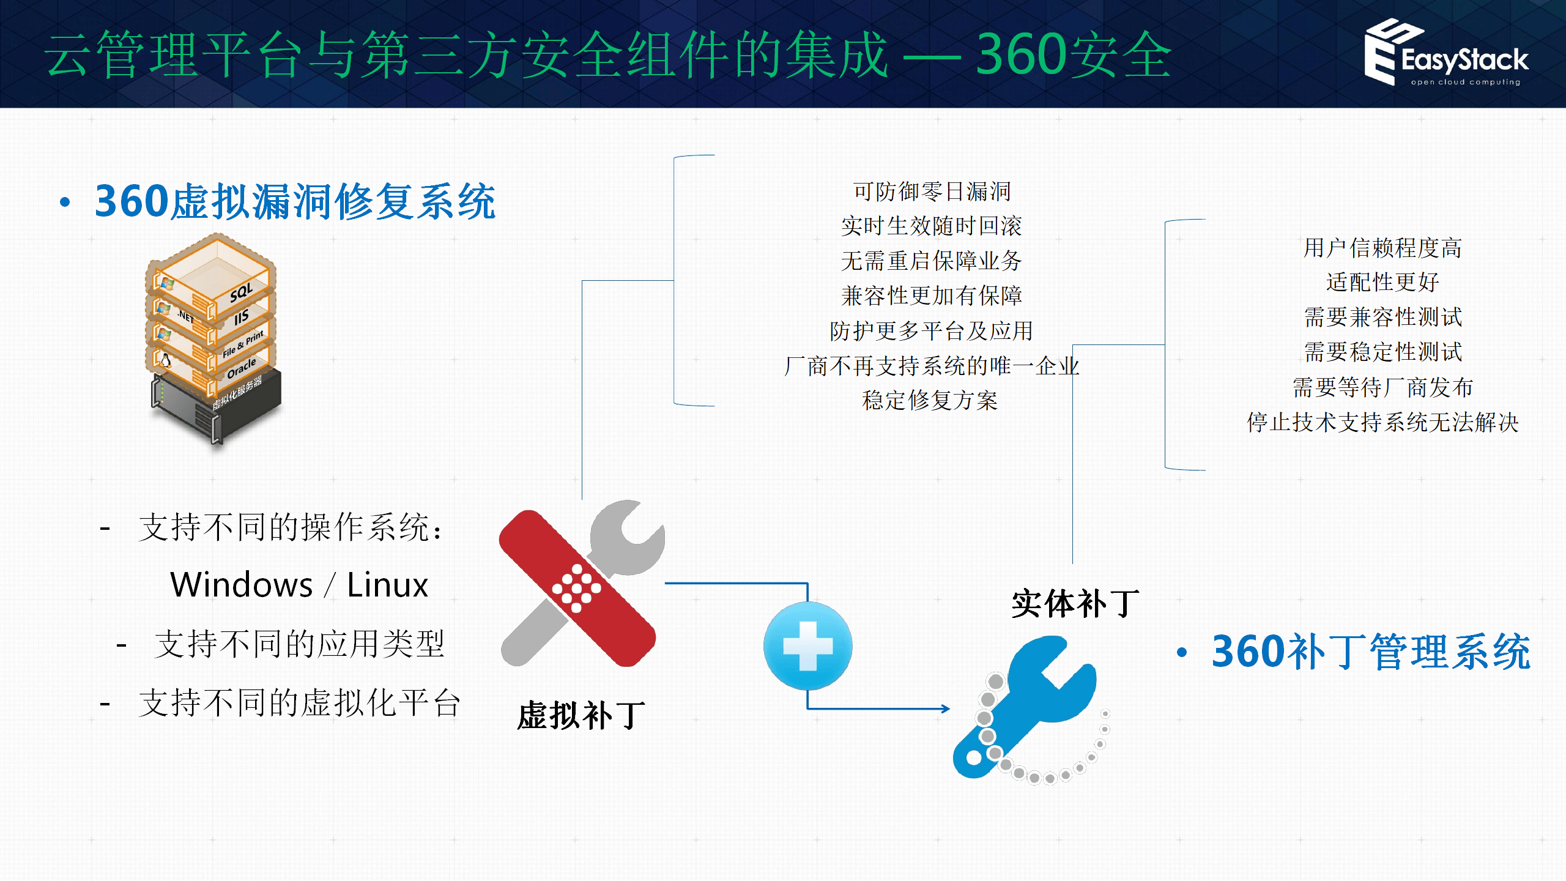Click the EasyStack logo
tap(1446, 54)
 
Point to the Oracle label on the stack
tap(241, 369)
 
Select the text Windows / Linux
tap(299, 585)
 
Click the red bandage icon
tap(577, 588)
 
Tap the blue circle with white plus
tap(807, 646)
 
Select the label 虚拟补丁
tap(581, 715)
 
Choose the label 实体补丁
tap(1075, 604)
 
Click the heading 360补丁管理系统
tap(1370, 652)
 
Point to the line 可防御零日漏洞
tap(932, 191)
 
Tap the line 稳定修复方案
tap(930, 401)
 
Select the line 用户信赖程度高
tap(1382, 248)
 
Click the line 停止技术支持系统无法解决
tap(1382, 422)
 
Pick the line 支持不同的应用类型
tap(299, 644)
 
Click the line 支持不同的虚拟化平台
tap(299, 703)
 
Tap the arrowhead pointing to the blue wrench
tap(946, 709)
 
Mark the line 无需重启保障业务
tap(931, 261)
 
